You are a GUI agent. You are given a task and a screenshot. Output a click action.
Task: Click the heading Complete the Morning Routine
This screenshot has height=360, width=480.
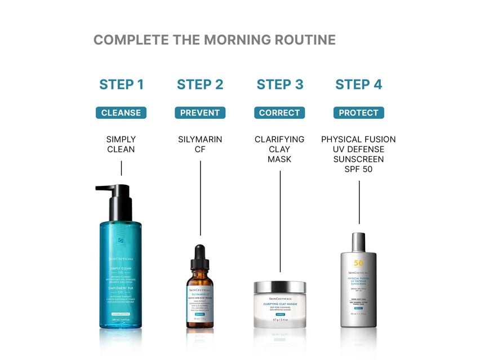click(x=214, y=40)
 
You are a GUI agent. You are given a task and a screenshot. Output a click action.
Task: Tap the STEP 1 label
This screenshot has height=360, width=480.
click(x=121, y=85)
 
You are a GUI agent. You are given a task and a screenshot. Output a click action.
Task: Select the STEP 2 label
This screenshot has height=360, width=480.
click(x=200, y=85)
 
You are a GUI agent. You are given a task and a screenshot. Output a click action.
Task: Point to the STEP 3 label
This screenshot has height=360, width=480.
click(x=279, y=85)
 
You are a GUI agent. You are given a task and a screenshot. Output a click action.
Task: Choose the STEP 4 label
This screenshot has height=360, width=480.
click(x=358, y=85)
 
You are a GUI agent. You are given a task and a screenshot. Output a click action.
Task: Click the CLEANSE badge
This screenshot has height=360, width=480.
click(x=121, y=113)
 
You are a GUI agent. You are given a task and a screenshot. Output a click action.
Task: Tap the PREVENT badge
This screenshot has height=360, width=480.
click(x=200, y=113)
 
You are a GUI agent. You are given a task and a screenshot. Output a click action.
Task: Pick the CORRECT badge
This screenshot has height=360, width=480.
click(x=279, y=113)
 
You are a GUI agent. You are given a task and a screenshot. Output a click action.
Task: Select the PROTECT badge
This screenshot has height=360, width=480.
click(x=358, y=113)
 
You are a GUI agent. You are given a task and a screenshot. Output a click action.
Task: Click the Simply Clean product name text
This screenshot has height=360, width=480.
click(x=121, y=144)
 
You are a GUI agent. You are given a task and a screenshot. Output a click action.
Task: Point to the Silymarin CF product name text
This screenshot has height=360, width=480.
click(x=200, y=144)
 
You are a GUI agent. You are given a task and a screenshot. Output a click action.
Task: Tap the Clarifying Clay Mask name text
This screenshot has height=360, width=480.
click(x=279, y=149)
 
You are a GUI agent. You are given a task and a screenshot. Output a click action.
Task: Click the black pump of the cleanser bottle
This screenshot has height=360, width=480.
click(x=115, y=195)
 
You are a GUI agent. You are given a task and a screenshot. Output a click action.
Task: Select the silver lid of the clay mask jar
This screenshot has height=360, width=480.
click(x=279, y=287)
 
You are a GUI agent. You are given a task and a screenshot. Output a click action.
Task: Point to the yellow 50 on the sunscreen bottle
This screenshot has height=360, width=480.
click(x=358, y=263)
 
